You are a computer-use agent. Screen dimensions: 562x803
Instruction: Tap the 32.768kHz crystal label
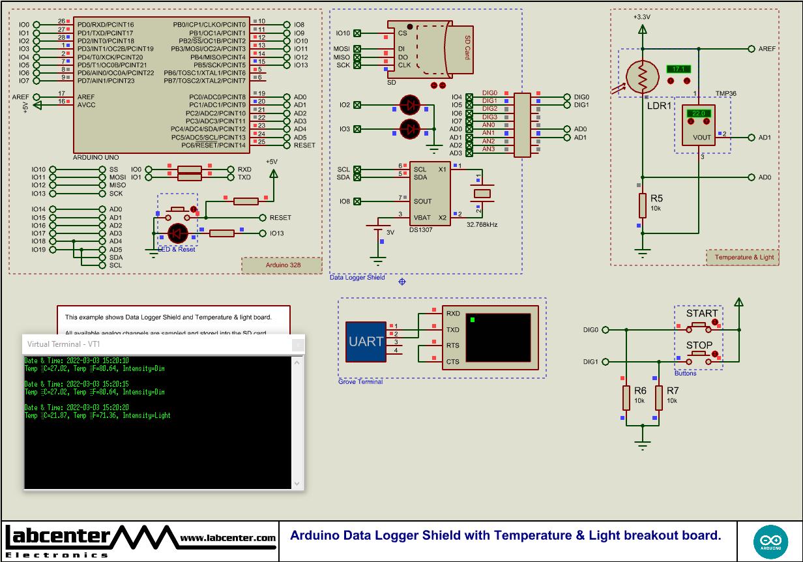tap(482, 224)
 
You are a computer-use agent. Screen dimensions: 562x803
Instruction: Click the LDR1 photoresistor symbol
tap(643, 77)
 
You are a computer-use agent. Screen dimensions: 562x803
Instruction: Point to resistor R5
tap(643, 205)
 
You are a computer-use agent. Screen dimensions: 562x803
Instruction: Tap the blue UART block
tap(366, 342)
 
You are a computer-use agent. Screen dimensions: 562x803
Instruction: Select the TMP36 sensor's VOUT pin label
tap(702, 138)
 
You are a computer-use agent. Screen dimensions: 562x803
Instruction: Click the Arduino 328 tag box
tap(282, 265)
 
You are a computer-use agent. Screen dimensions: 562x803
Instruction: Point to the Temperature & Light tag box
tap(743, 257)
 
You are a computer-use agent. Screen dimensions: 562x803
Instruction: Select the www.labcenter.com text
tap(227, 538)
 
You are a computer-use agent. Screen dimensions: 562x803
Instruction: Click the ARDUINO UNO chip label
tap(96, 158)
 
